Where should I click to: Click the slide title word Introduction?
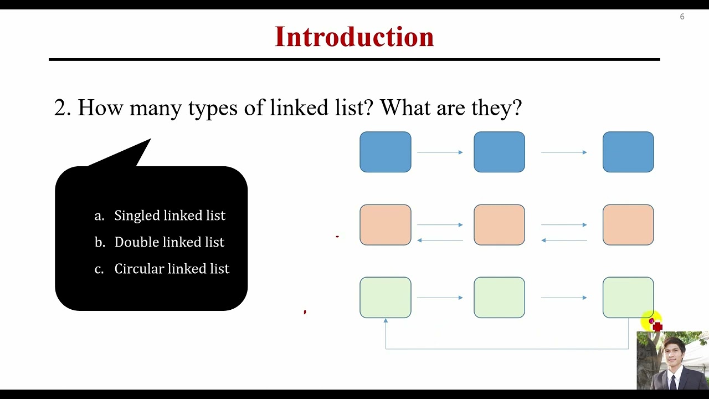(354, 37)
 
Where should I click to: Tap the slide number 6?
(682, 17)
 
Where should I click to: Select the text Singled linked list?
(169, 216)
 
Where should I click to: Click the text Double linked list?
(169, 242)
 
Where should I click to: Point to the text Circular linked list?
(172, 269)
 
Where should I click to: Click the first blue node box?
(386, 152)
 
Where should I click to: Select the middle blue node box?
(499, 152)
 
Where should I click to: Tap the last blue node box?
(628, 152)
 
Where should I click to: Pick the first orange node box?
(386, 225)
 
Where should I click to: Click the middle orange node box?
(499, 225)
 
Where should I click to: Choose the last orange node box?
(628, 225)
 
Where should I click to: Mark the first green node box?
(386, 298)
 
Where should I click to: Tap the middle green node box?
(499, 298)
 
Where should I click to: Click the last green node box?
(628, 298)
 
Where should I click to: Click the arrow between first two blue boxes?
(440, 152)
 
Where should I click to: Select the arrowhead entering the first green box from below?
(386, 321)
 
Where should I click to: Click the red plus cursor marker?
(657, 327)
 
